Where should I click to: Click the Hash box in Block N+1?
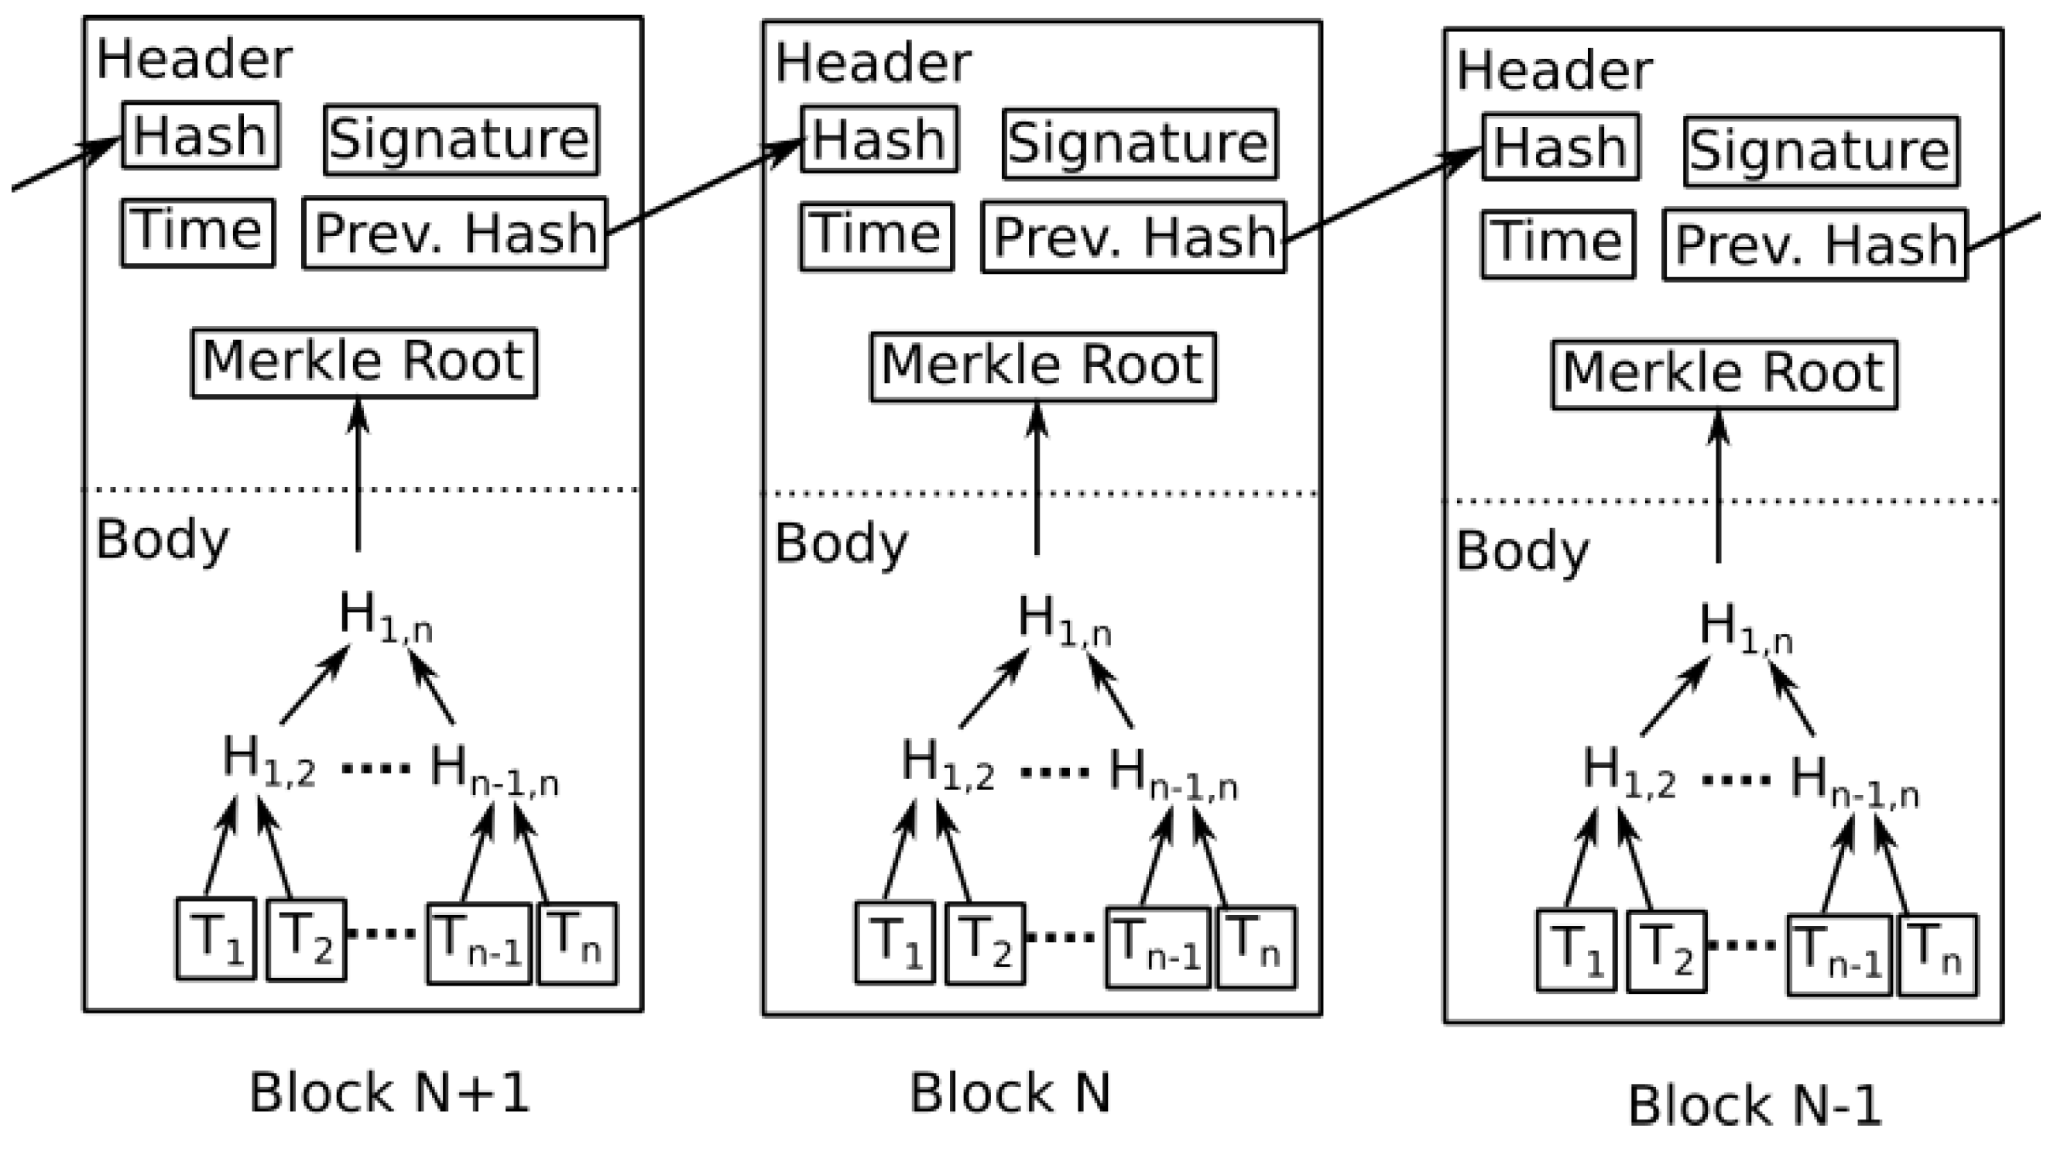pos(201,135)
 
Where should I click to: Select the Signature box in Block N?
pos(1140,142)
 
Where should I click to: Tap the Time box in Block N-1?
pos(1558,244)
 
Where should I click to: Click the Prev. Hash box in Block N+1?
pos(455,233)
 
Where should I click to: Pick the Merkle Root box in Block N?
pos(1042,367)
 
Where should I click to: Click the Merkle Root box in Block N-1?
pos(1724,375)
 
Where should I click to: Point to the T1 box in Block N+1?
pos(215,939)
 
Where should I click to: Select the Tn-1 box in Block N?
pos(1157,947)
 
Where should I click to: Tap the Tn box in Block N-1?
pos(1937,955)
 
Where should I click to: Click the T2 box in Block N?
pos(985,943)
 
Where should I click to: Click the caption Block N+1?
pos(389,1092)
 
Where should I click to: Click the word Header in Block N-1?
pos(1554,70)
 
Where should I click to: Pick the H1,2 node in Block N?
pos(947,766)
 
